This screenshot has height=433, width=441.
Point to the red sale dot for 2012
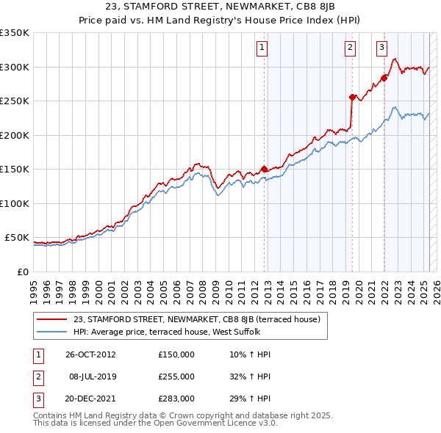pos(264,170)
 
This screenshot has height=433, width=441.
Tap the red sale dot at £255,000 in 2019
pos(352,97)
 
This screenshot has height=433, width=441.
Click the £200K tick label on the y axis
pos(15,135)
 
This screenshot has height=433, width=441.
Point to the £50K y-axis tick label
pos(17,238)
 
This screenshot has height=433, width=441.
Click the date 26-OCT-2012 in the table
pos(91,354)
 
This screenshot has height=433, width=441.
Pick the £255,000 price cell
pos(176,376)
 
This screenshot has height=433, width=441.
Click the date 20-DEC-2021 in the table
pos(91,399)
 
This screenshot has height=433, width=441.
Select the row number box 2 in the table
pos(37,376)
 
